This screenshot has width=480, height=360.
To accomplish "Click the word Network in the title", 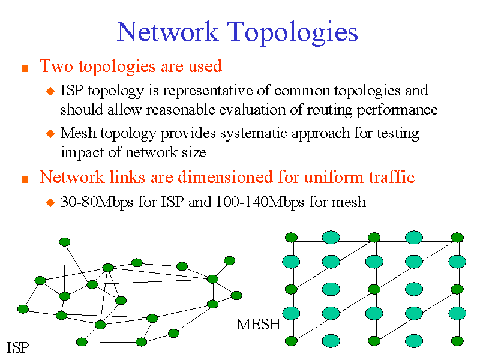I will [x=167, y=31].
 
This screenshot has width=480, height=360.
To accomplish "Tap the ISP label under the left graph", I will [x=17, y=347].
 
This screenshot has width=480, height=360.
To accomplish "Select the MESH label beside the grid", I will [x=259, y=325].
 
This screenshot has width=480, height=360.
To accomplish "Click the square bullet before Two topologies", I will [x=25, y=68].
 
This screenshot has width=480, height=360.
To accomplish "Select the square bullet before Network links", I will [x=25, y=179].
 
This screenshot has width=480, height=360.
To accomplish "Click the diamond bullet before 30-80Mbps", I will [x=50, y=203].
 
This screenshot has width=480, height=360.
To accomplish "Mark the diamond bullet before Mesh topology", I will [x=50, y=133].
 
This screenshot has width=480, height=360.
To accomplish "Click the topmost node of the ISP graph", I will [x=64, y=242].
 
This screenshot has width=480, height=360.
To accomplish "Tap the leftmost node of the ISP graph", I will [x=23, y=309].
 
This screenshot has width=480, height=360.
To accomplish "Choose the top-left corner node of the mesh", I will [x=291, y=237].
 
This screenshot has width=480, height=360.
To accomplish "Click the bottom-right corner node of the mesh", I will [x=457, y=341].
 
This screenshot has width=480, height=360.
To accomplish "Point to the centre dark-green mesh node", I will [x=374, y=289].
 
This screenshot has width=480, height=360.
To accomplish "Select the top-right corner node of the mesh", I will [x=457, y=237].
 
